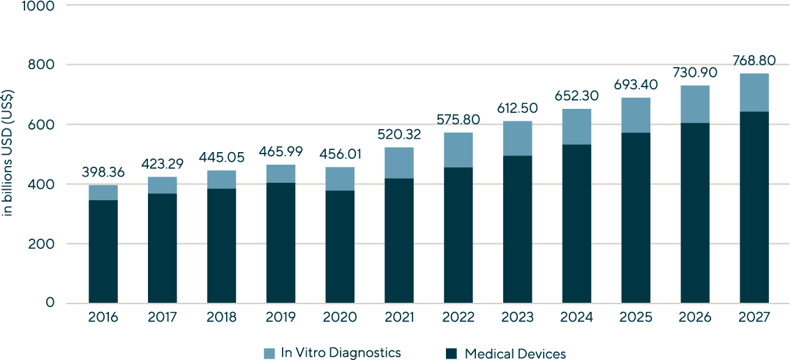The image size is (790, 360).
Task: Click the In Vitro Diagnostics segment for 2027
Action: point(754,92)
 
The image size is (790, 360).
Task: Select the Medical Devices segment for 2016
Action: point(103,251)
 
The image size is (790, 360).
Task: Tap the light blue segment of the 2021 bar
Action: point(399,163)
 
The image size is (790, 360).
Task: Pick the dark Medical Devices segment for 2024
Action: point(576,223)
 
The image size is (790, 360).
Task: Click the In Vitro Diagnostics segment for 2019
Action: point(281,174)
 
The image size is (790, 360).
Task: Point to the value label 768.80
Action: point(754,61)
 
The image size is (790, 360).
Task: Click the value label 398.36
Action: point(103,172)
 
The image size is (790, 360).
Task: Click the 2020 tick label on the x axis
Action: point(340,318)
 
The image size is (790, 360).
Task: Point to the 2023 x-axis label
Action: point(517,318)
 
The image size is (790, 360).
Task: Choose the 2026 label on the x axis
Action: point(695,318)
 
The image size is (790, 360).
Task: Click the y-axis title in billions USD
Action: point(8,152)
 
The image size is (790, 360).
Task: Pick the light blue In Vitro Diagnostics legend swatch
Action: point(269,353)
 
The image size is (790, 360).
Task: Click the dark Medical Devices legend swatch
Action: point(452,353)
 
